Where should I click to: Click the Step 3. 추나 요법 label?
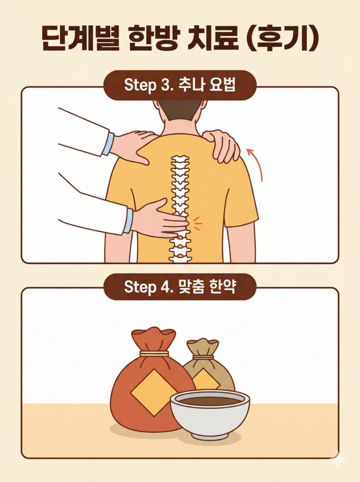180,86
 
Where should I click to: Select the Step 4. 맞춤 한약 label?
180,287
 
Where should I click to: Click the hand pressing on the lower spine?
158,219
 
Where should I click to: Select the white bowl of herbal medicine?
210,412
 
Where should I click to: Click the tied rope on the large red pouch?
154,353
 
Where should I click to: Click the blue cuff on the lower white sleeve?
128,221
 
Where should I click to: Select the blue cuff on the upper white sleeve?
108,144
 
